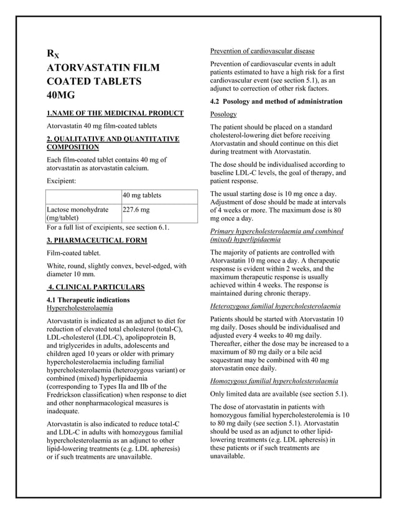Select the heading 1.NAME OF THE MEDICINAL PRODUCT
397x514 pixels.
(115, 113)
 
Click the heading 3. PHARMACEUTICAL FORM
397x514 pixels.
(97, 240)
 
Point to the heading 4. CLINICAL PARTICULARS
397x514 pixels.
(96, 287)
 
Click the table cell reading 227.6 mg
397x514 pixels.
(136, 210)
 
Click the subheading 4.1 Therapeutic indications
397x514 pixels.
(88, 300)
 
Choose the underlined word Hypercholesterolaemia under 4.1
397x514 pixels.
(80, 308)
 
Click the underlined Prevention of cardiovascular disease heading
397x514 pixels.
(262, 50)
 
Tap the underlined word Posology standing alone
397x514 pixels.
(223, 114)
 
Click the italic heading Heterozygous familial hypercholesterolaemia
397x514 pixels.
(275, 306)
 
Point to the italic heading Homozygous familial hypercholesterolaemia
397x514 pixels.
(274, 380)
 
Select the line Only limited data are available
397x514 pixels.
(279, 395)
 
